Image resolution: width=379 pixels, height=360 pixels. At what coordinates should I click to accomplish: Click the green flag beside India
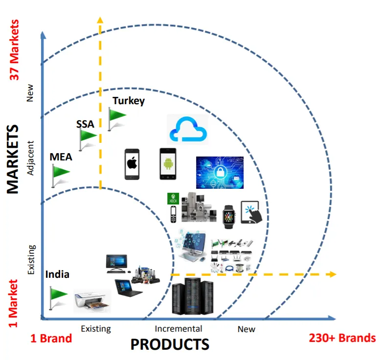pyautogui.click(x=58, y=293)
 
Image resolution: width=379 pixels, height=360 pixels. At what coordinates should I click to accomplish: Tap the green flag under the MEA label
pyautogui.click(x=61, y=173)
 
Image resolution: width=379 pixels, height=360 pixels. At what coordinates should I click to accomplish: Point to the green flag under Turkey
pyautogui.click(x=117, y=116)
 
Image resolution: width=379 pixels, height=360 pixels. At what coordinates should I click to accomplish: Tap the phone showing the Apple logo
pyautogui.click(x=132, y=164)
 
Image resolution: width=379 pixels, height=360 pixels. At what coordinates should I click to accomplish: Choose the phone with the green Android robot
pyautogui.click(x=167, y=164)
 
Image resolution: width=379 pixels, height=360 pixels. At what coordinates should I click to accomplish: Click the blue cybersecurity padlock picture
pyautogui.click(x=220, y=173)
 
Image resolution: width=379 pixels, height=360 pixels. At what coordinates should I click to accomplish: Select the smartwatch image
pyautogui.click(x=229, y=215)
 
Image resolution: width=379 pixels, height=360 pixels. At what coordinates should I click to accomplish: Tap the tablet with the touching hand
pyautogui.click(x=252, y=213)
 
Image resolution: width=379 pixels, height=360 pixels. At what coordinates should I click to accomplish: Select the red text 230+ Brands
pyautogui.click(x=342, y=338)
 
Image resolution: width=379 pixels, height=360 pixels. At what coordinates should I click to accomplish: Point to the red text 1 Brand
pyautogui.click(x=51, y=338)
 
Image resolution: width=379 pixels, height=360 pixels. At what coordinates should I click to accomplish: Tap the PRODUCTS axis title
pyautogui.click(x=170, y=344)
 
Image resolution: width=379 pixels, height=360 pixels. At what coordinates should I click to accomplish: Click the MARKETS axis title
pyautogui.click(x=13, y=159)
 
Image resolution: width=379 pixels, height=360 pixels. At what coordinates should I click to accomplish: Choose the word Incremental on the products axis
pyautogui.click(x=178, y=329)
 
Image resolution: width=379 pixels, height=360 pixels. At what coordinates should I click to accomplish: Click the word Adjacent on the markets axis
pyautogui.click(x=30, y=158)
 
